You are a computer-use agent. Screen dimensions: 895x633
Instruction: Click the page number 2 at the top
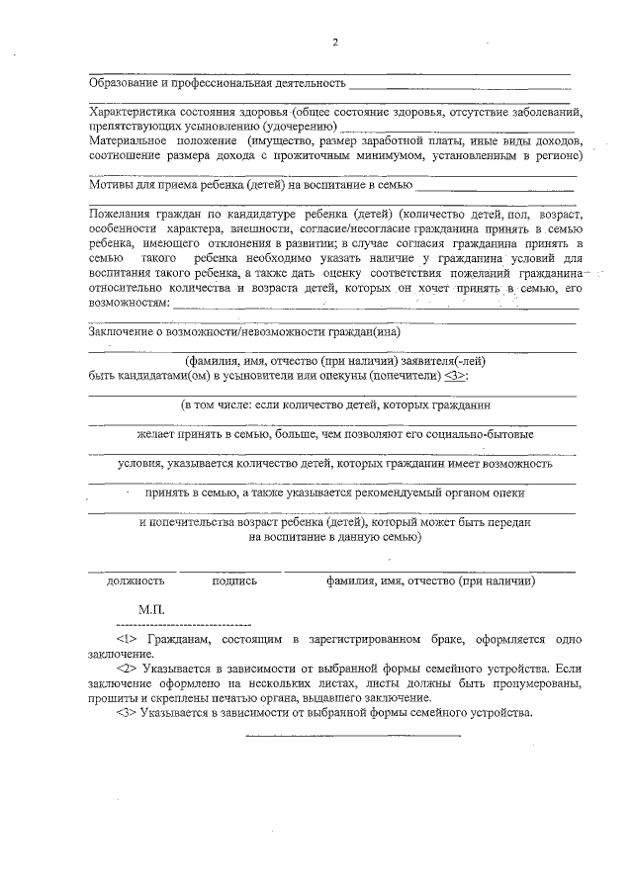[x=335, y=42]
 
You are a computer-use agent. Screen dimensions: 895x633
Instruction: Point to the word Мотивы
[x=110, y=184]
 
